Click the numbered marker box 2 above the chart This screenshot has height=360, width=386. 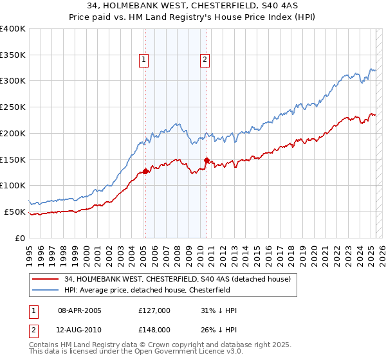click(205, 60)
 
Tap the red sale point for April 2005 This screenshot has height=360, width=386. click(145, 171)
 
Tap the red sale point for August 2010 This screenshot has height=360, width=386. click(207, 160)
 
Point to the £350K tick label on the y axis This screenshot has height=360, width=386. click(13, 55)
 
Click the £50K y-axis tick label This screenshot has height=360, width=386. click(15, 212)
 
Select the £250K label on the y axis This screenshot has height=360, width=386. click(13, 107)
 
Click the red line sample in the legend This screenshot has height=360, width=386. click(46, 279)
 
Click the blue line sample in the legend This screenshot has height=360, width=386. click(46, 290)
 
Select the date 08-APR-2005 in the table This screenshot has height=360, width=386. click(80, 310)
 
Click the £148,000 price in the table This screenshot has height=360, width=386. click(154, 329)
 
